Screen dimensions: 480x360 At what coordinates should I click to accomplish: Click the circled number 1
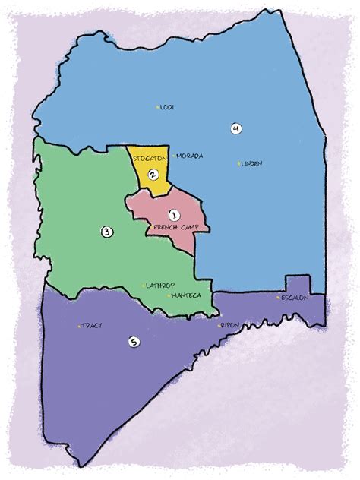(173, 215)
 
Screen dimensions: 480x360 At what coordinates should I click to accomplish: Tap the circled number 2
(153, 175)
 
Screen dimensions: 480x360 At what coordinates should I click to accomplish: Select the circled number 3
(107, 231)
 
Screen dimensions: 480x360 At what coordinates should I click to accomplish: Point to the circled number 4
(236, 129)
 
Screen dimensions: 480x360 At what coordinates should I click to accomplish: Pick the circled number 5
(134, 343)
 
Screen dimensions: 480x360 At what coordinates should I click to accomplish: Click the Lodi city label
(168, 107)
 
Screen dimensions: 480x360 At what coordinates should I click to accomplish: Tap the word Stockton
(150, 159)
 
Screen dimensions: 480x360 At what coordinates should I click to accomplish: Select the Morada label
(190, 156)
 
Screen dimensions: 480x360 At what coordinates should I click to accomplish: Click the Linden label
(251, 163)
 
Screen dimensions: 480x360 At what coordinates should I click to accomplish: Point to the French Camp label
(175, 228)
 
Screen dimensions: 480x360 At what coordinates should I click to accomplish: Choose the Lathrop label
(159, 286)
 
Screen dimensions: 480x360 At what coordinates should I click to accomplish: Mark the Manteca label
(186, 295)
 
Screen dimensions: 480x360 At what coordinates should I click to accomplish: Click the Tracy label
(92, 325)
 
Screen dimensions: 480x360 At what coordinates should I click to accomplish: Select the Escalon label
(294, 298)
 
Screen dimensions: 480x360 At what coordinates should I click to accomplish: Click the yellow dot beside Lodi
(157, 107)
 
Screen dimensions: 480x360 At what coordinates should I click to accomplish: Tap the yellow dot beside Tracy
(78, 326)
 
